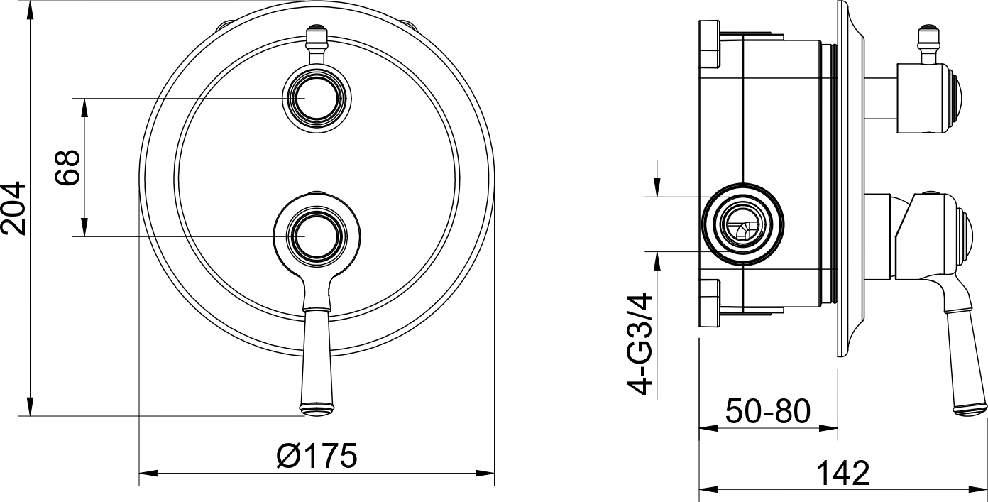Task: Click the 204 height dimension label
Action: [x=13, y=208]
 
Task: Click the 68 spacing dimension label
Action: [x=67, y=168]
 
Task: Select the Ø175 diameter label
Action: [x=317, y=456]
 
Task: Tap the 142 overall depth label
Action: [x=843, y=474]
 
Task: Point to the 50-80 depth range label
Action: [x=768, y=411]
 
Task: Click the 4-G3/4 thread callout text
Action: [x=639, y=344]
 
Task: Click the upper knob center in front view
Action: [x=317, y=98]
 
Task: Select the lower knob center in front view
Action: [x=317, y=236]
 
